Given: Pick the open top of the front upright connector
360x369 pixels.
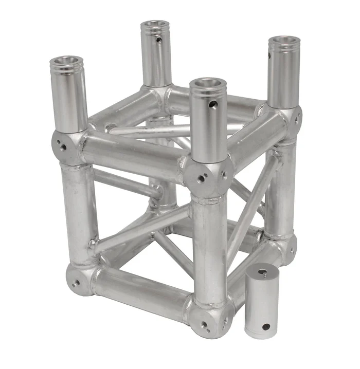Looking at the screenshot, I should (x=208, y=83).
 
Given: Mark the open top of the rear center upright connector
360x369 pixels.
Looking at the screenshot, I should (x=156, y=24).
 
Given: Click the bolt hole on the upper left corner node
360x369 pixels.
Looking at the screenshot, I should (x=63, y=147).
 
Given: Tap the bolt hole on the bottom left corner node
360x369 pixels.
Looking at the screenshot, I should (x=77, y=282).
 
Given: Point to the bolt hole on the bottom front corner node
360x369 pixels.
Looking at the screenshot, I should (x=205, y=325).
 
